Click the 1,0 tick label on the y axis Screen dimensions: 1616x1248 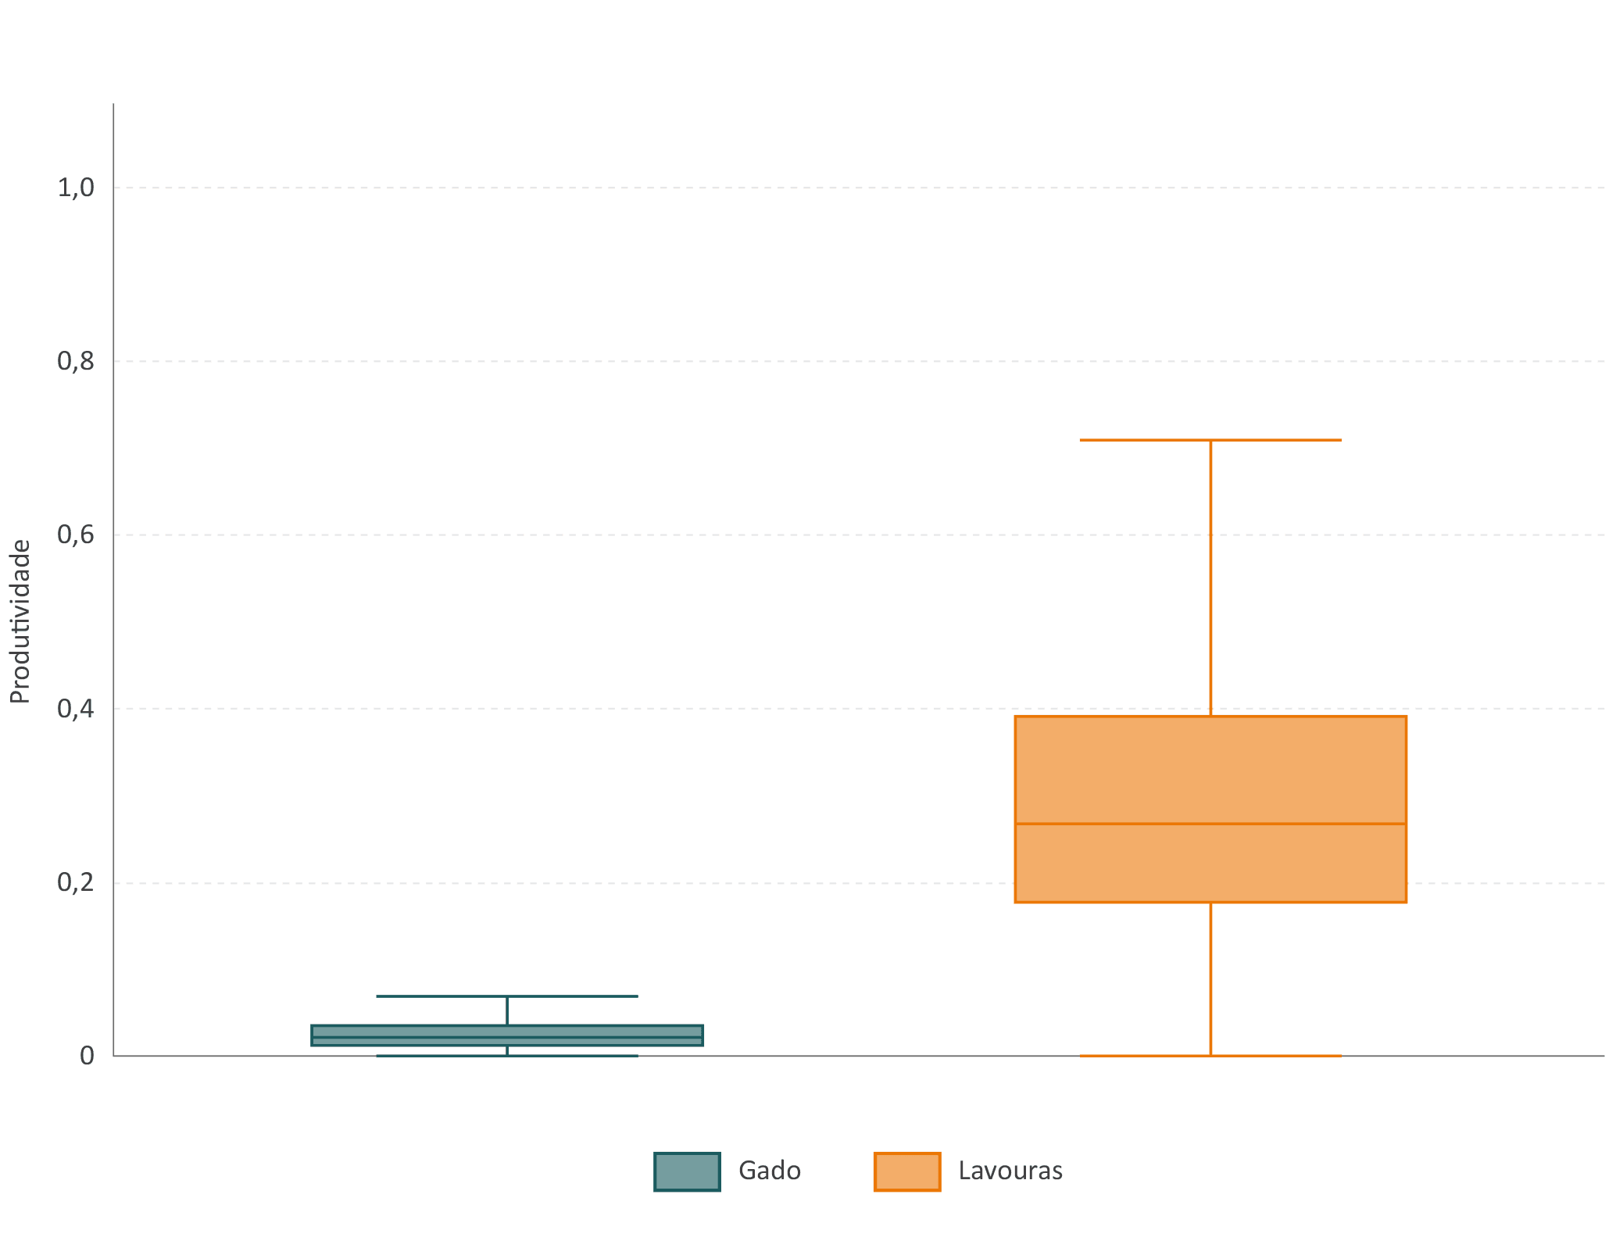tap(76, 188)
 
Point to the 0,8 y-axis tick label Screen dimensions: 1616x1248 tap(76, 361)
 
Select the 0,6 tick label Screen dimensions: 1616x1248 tap(76, 535)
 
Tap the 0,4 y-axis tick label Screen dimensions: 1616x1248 tap(76, 709)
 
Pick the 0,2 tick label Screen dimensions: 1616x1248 tap(76, 882)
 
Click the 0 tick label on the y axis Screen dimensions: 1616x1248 tap(87, 1056)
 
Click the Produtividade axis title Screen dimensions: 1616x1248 tap(20, 622)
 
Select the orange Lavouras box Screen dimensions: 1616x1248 tap(1210, 809)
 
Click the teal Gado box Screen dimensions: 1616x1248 tap(507, 1035)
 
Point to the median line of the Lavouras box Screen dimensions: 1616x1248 tap(1210, 824)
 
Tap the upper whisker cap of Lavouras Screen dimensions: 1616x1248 tap(1210, 440)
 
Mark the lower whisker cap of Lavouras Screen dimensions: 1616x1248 tap(1210, 1056)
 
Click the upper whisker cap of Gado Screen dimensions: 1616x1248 tap(507, 996)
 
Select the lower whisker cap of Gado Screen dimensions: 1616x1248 tap(507, 1056)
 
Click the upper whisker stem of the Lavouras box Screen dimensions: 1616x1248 tap(1210, 578)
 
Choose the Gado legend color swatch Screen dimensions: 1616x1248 tap(687, 1171)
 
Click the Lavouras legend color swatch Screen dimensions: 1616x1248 tap(907, 1171)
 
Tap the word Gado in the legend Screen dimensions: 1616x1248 tap(770, 1171)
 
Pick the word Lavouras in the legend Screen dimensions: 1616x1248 tap(1010, 1171)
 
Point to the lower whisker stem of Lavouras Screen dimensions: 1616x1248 tap(1210, 979)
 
